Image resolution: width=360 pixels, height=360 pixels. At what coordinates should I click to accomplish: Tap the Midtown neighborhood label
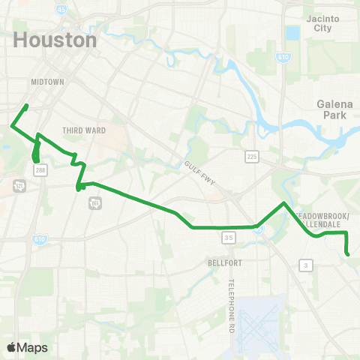pos(48,81)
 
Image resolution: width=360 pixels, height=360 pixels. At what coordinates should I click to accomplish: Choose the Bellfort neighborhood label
pos(223,263)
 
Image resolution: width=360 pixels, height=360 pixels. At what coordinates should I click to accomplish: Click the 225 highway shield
pos(252,156)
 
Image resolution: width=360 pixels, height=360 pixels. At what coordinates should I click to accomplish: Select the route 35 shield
pos(229,238)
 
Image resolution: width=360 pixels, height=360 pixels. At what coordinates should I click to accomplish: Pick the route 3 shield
pos(305,265)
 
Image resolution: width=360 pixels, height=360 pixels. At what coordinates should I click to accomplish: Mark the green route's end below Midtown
pos(27,106)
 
